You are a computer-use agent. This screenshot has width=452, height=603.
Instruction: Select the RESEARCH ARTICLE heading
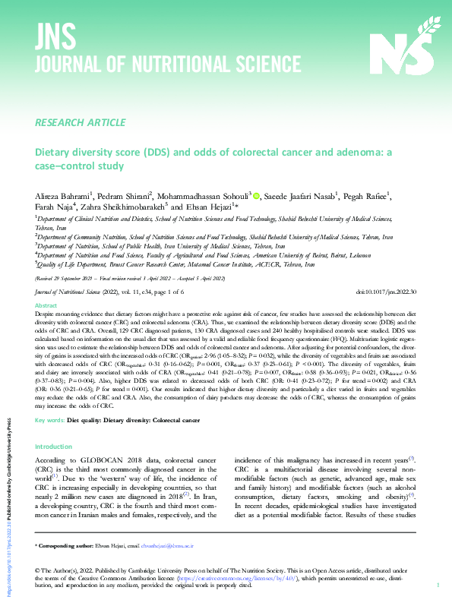(81, 122)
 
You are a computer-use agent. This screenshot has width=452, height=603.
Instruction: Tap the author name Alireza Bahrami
(62, 196)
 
